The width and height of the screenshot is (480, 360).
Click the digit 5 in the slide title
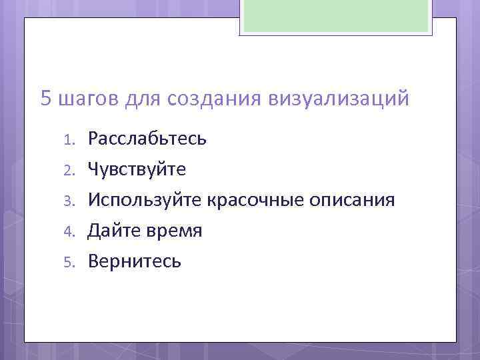click(46, 99)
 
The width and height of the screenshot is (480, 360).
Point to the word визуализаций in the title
click(338, 100)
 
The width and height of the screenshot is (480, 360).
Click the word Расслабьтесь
click(147, 139)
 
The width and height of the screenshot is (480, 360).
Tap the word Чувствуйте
click(137, 170)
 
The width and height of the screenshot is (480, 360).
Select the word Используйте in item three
click(145, 200)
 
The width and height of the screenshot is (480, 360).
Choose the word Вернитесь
click(134, 261)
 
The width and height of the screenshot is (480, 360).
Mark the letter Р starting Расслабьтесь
click(93, 139)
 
